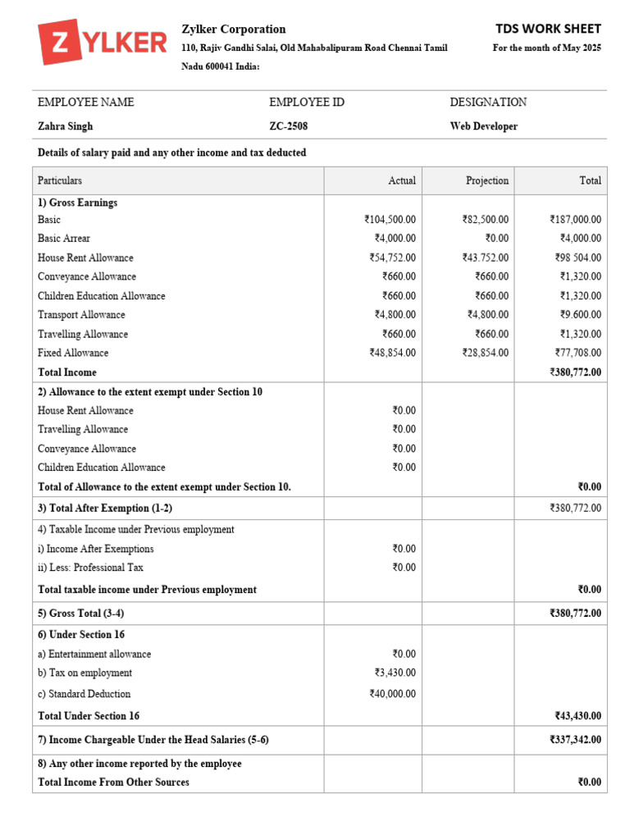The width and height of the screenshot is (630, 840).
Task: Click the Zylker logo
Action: coord(102,43)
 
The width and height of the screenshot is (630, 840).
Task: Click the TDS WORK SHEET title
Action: coord(548,29)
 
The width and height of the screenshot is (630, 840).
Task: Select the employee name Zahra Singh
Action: coord(66,126)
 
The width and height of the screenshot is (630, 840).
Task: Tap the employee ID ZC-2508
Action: coord(289,126)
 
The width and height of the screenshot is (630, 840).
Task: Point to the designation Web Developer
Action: coord(484,126)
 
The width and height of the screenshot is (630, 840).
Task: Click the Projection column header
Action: coord(487,180)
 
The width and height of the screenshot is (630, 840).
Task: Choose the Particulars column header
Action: coord(60,180)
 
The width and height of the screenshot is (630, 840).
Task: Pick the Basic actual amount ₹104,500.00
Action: coord(390,220)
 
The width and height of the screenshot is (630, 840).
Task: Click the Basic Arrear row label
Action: coord(64,239)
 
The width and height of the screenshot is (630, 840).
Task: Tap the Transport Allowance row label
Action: coord(81,315)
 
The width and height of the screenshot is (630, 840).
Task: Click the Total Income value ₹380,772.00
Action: coord(575,372)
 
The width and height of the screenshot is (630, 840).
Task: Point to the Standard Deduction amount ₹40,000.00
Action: coord(393,694)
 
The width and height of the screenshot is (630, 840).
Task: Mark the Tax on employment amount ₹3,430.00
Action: coord(395,673)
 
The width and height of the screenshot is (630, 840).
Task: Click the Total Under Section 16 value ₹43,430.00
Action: coord(577,716)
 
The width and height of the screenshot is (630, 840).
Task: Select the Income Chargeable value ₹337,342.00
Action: coord(575,740)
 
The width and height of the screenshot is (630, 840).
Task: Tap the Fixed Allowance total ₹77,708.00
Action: coord(577,353)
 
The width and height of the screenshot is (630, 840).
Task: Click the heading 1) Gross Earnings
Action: coord(77,203)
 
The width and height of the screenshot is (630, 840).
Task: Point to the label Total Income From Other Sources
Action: coord(113,783)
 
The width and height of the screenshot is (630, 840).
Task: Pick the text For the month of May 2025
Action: coord(546,48)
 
